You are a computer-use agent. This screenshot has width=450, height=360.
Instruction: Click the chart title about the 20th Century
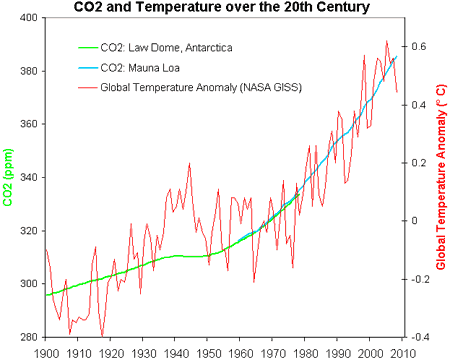tap(225, 8)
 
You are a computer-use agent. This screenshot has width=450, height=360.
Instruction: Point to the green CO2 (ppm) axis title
tap(9, 179)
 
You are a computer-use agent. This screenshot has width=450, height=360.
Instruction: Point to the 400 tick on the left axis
tap(29, 18)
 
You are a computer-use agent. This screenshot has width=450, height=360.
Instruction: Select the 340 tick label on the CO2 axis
tap(29, 178)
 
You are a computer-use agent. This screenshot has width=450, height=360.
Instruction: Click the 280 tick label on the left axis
tap(29, 337)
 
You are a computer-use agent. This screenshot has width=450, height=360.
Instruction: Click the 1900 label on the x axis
tap(46, 352)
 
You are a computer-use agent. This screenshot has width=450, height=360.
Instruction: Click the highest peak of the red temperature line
tap(387, 41)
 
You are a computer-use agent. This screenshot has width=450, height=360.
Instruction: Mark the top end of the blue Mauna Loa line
tap(396, 57)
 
